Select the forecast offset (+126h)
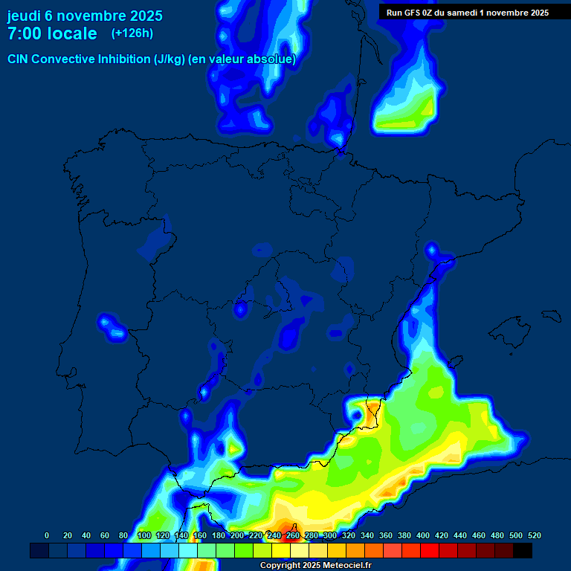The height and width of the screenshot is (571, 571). (x=132, y=33)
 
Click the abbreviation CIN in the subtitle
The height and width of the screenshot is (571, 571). (x=19, y=59)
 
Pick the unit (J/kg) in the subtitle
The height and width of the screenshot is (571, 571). (x=170, y=59)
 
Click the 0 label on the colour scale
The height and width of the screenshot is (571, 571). (x=47, y=535)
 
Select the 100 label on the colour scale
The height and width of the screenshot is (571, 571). (x=144, y=535)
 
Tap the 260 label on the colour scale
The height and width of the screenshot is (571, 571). (x=293, y=535)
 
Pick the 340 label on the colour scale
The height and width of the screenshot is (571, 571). (x=367, y=535)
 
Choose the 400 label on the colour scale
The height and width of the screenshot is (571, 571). (x=423, y=535)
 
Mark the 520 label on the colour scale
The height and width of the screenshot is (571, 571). (x=534, y=535)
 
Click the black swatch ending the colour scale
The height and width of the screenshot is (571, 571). (x=523, y=551)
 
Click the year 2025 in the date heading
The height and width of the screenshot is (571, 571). (x=146, y=16)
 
